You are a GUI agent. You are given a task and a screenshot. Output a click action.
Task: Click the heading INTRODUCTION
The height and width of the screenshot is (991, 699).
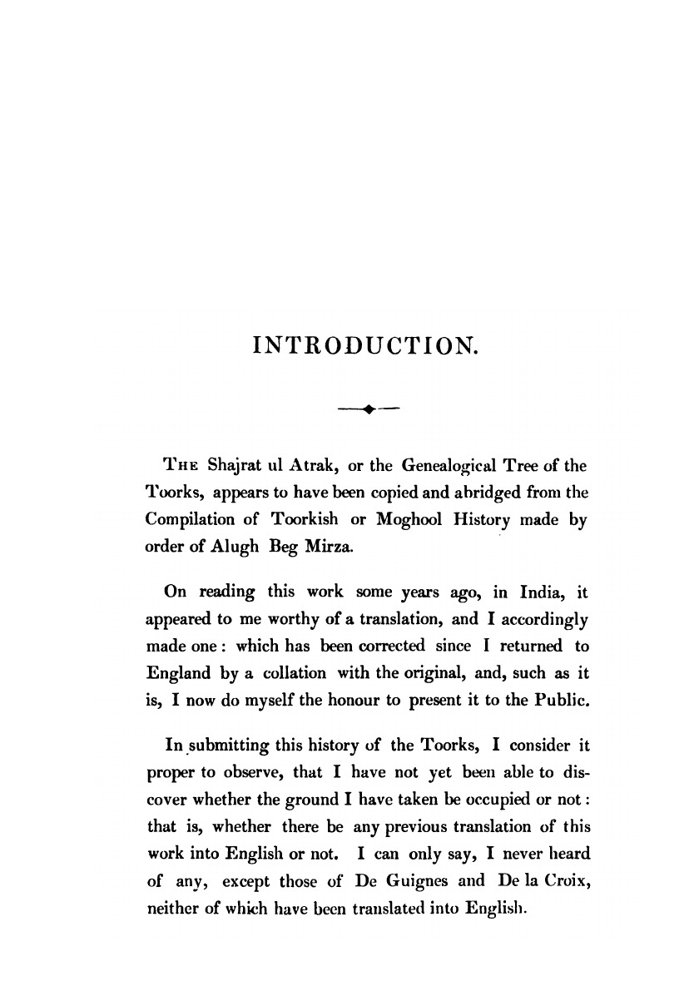coord(366,344)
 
